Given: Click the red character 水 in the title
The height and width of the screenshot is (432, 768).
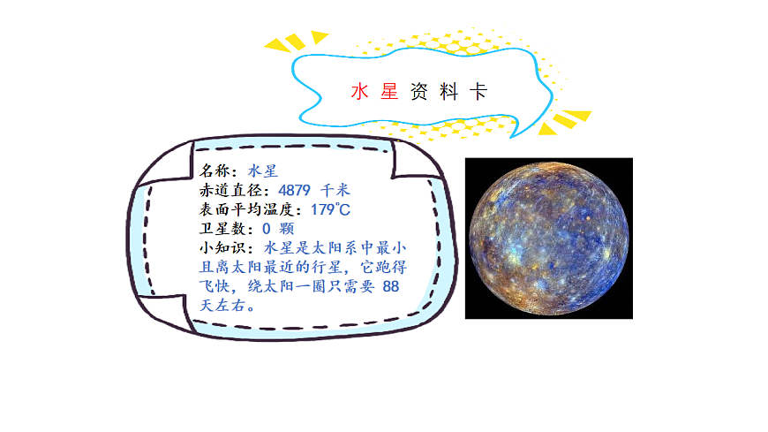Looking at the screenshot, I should (x=358, y=92).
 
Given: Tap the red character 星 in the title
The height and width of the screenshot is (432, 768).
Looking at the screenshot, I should (x=389, y=92).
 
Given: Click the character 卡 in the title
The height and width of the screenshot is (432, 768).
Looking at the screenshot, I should (x=478, y=92).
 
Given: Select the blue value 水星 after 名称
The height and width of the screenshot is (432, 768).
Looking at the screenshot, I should (x=263, y=171).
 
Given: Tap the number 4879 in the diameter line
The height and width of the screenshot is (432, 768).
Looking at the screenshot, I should (x=296, y=190).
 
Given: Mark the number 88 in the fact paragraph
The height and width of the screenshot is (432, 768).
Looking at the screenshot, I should (x=392, y=287).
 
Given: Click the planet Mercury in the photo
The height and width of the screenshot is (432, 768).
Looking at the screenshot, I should (x=548, y=237).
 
